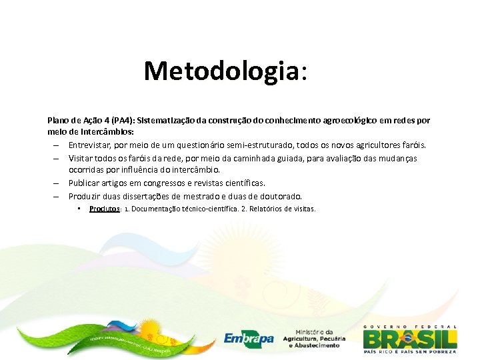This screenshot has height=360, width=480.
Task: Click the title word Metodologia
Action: (221, 70)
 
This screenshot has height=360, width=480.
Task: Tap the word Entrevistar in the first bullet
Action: (91, 145)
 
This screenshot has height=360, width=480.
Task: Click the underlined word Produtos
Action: (104, 209)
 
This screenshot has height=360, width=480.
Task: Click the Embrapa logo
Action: (249, 338)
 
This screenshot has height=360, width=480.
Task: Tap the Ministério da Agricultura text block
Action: (314, 338)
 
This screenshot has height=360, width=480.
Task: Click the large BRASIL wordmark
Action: (410, 337)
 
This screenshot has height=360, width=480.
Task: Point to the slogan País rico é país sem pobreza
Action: (410, 351)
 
